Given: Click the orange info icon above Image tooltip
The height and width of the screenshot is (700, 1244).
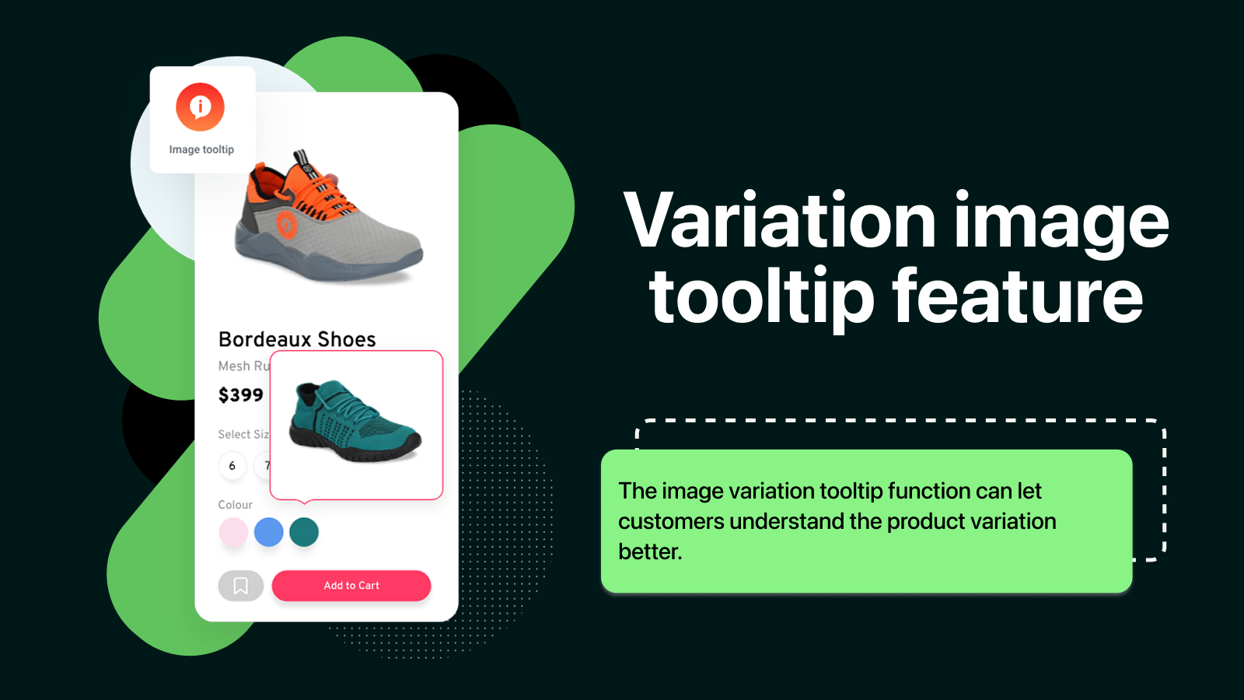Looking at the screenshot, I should pos(200,107).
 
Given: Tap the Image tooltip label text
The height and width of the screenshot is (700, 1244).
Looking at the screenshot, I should pos(201,149).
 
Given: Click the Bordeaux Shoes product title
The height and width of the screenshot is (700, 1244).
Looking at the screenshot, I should pos(297,339).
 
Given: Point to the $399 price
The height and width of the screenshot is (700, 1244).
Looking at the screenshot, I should pos(241,395).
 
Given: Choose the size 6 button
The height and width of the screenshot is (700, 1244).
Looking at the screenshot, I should pos(232,466).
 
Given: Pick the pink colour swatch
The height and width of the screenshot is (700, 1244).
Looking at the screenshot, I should pos(233,532).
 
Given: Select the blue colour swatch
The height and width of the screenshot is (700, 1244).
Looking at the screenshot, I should pos(268,532).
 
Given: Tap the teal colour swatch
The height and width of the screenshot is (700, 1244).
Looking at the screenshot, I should pos(304,532).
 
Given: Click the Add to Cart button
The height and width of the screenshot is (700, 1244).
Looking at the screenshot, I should pos(351,586).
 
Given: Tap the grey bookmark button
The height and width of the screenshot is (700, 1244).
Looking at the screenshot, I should pos(240,586).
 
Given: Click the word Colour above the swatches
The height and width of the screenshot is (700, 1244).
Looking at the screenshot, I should pos(235,505).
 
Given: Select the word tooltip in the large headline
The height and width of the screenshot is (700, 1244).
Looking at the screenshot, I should pos(762,298).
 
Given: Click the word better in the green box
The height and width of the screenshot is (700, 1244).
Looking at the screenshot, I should pos(649,551).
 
